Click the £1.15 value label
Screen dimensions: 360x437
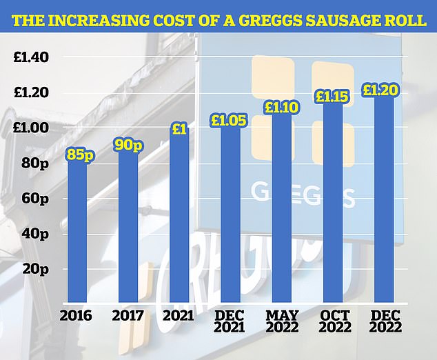[x=332, y=97]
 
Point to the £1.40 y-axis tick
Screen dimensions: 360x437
[x=31, y=57]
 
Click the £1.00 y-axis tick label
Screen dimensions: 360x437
[x=31, y=128]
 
